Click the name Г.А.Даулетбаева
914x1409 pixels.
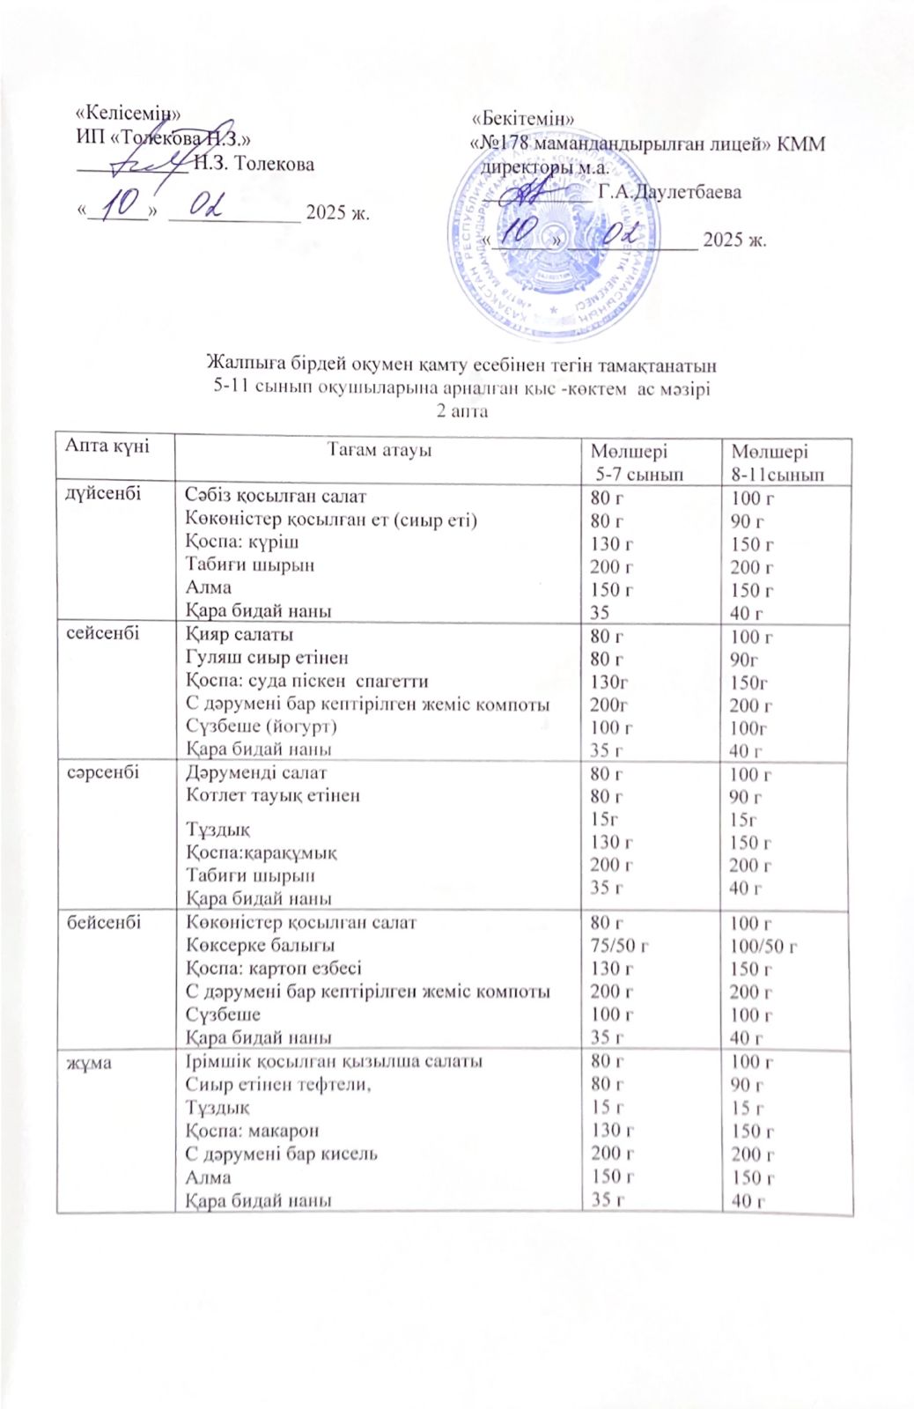tap(669, 191)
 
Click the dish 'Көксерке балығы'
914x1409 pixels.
tap(260, 945)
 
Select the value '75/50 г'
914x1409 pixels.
tap(619, 946)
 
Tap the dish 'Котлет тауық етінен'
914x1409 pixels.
tap(272, 795)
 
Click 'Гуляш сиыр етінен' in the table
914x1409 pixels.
tap(267, 657)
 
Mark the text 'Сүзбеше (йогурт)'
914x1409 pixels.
tap(262, 726)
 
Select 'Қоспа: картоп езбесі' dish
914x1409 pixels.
tap(273, 968)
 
